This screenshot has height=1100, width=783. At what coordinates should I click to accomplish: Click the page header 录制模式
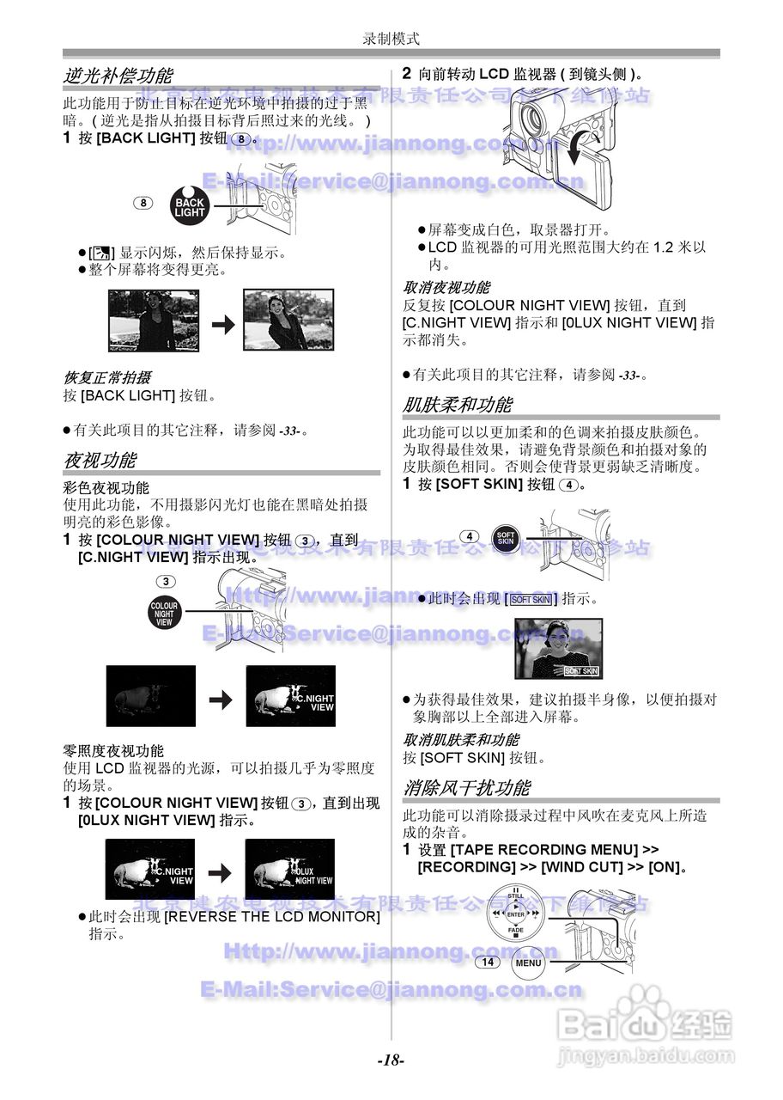click(391, 39)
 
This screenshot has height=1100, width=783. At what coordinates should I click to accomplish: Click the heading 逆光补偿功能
click(118, 76)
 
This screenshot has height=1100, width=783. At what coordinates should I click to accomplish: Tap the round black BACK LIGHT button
click(190, 206)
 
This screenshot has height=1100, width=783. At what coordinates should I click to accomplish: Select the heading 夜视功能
click(100, 460)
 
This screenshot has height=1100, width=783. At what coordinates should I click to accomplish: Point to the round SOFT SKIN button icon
click(506, 539)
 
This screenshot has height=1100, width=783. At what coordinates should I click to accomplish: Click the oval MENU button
click(529, 962)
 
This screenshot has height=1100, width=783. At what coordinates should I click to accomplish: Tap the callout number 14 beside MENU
click(487, 962)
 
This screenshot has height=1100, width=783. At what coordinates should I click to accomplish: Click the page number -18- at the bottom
click(391, 1060)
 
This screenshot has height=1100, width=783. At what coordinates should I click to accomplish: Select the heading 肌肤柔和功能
click(458, 405)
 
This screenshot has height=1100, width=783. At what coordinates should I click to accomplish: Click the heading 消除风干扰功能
click(466, 787)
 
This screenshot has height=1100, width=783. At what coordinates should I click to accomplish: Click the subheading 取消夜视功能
click(446, 288)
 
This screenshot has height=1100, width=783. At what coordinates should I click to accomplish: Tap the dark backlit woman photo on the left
click(153, 320)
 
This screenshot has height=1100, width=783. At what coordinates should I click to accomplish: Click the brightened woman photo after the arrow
click(288, 320)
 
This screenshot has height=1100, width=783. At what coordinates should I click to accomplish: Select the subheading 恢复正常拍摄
click(107, 378)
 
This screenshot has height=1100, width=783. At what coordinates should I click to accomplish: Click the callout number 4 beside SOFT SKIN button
click(470, 537)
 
